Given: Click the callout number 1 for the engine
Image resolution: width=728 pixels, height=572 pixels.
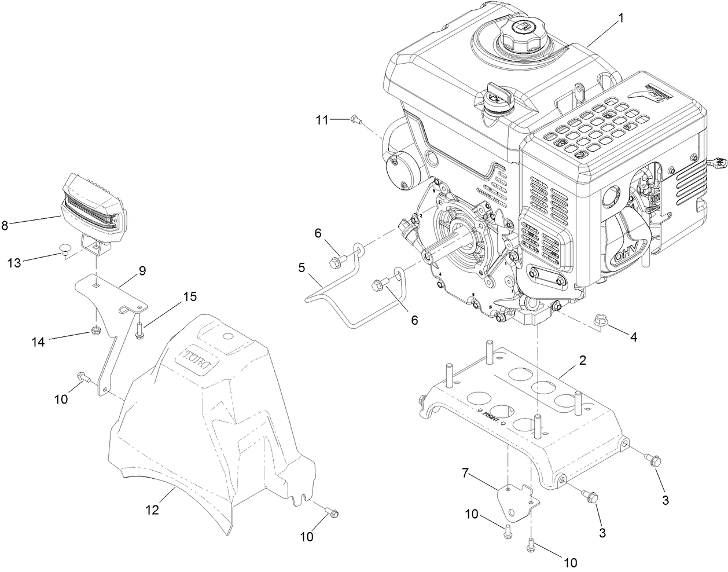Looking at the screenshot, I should click(x=621, y=18).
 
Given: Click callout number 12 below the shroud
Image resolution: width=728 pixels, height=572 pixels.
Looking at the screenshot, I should click(x=152, y=510).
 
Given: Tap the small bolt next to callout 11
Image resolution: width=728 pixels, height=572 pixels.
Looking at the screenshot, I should click(x=356, y=120).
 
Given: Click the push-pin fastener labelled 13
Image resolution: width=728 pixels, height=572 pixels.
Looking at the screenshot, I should click(x=67, y=252).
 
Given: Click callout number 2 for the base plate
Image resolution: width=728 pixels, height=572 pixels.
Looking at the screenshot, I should click(x=583, y=361).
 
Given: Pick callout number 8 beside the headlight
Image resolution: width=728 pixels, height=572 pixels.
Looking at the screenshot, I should click(x=5, y=226).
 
